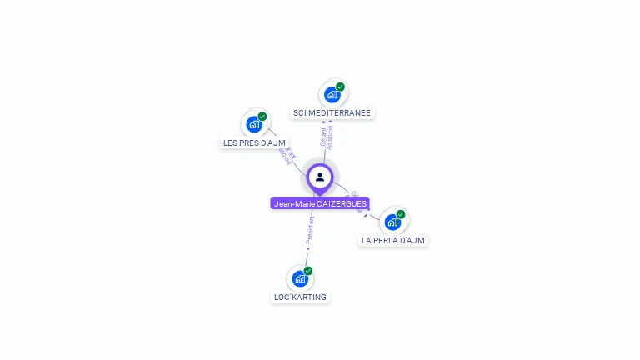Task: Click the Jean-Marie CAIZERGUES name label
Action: (319, 203)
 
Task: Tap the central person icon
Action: (320, 177)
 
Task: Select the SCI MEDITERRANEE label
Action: (332, 112)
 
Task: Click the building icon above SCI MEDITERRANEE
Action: (332, 94)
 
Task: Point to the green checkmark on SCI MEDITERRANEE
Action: (340, 87)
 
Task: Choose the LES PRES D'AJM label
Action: (254, 142)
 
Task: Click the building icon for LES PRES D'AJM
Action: (254, 124)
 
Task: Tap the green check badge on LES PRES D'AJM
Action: (262, 117)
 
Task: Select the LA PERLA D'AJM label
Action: (392, 240)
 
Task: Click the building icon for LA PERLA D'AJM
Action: (392, 222)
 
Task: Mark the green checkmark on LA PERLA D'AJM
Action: (401, 214)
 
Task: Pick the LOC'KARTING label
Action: (300, 297)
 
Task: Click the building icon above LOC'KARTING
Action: (300, 278)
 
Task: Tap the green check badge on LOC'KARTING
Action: (308, 271)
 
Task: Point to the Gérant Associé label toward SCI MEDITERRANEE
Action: (327, 136)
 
